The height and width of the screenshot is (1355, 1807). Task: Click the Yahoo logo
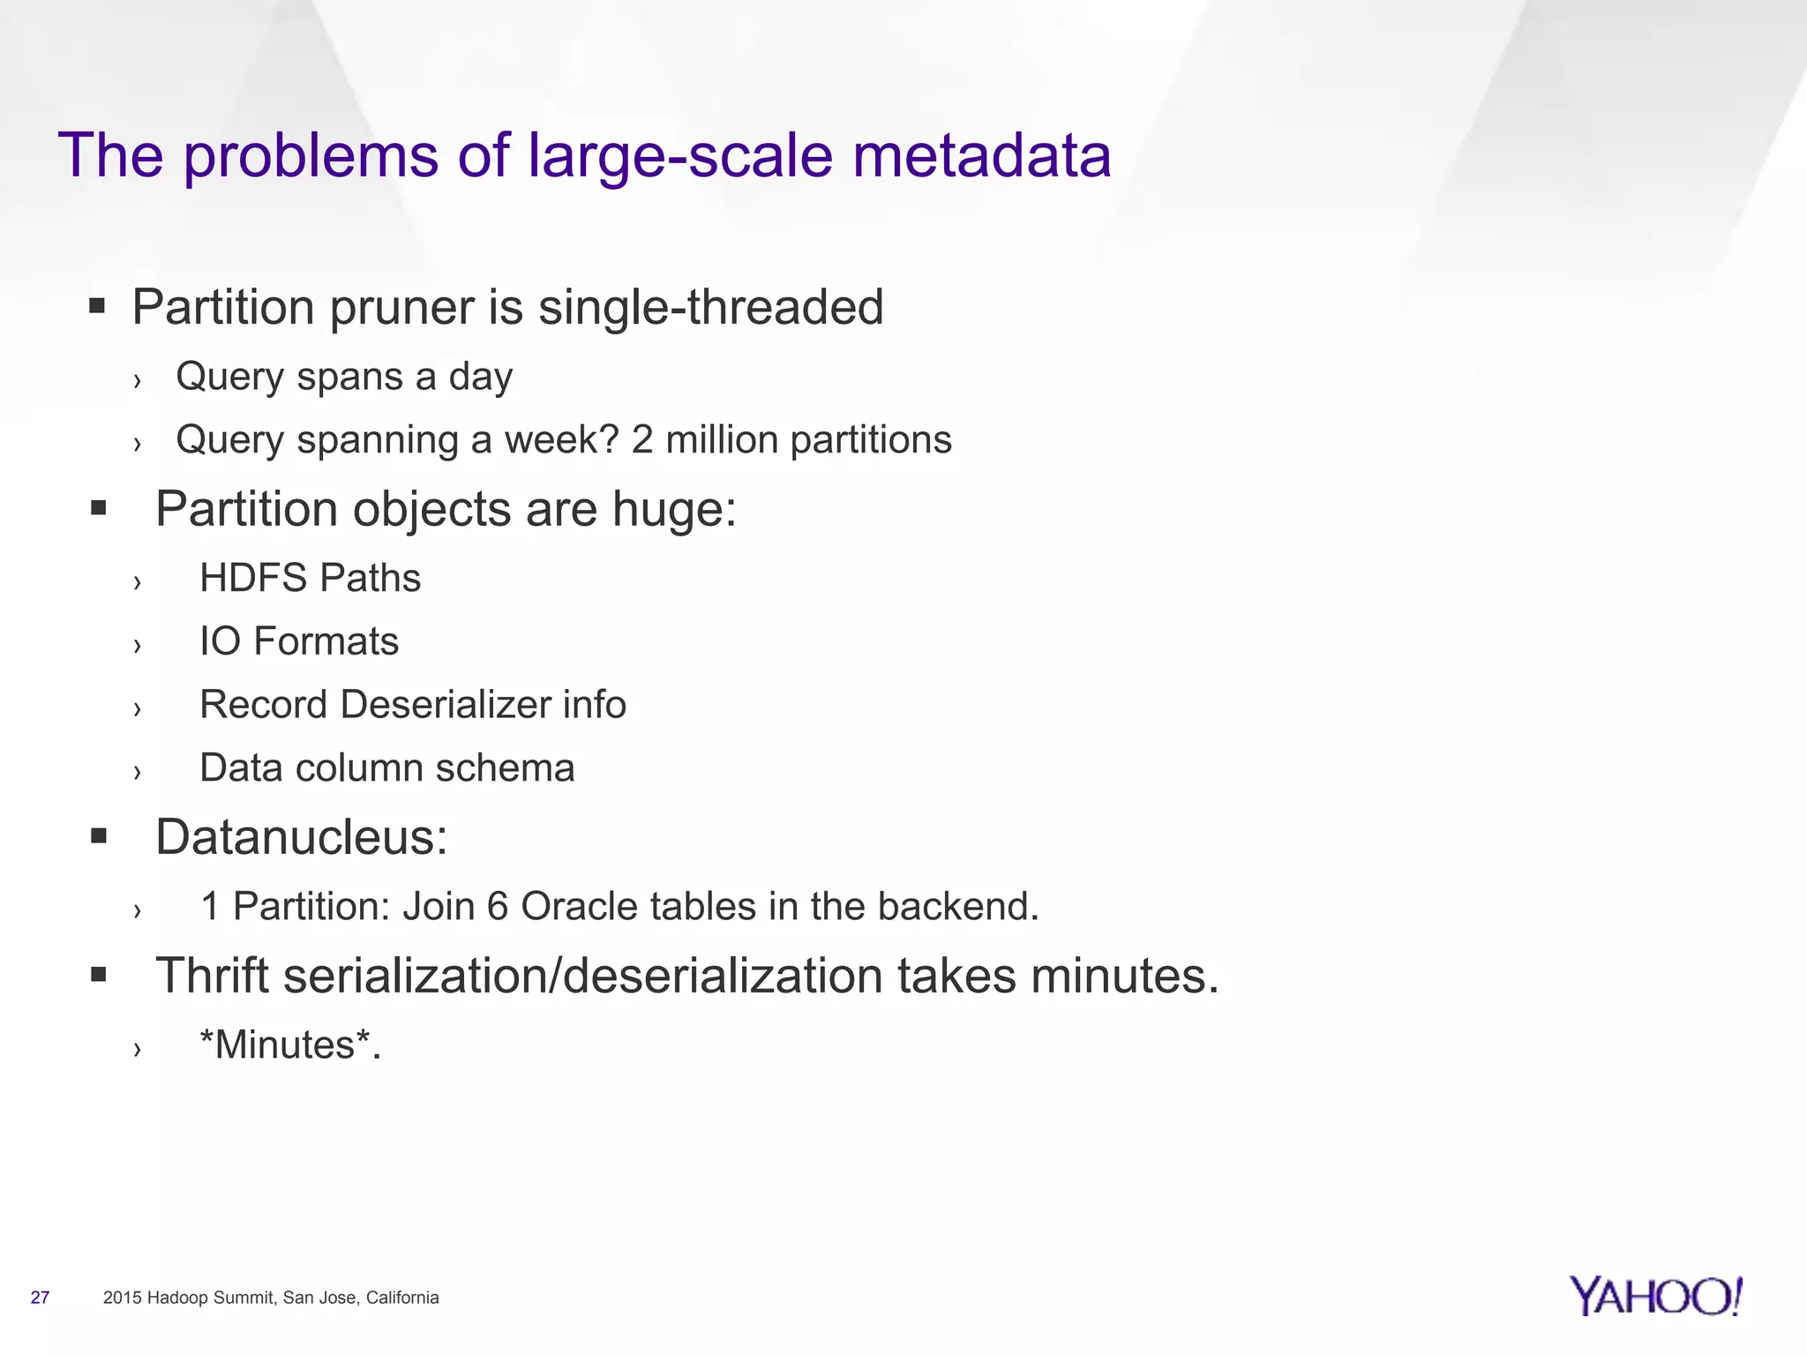click(1655, 1296)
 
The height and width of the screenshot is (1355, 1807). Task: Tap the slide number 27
click(40, 1298)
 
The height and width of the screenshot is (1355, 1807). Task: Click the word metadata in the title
click(982, 155)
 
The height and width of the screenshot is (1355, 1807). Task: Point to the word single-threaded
click(710, 307)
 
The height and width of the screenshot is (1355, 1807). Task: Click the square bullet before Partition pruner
click(98, 307)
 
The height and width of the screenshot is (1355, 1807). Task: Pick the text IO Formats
click(299, 641)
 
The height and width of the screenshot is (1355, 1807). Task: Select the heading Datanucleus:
click(302, 836)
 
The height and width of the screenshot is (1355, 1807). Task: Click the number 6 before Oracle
click(498, 906)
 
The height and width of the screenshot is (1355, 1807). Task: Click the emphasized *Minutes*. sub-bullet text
click(290, 1045)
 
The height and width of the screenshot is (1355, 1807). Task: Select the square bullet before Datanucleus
click(98, 836)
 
